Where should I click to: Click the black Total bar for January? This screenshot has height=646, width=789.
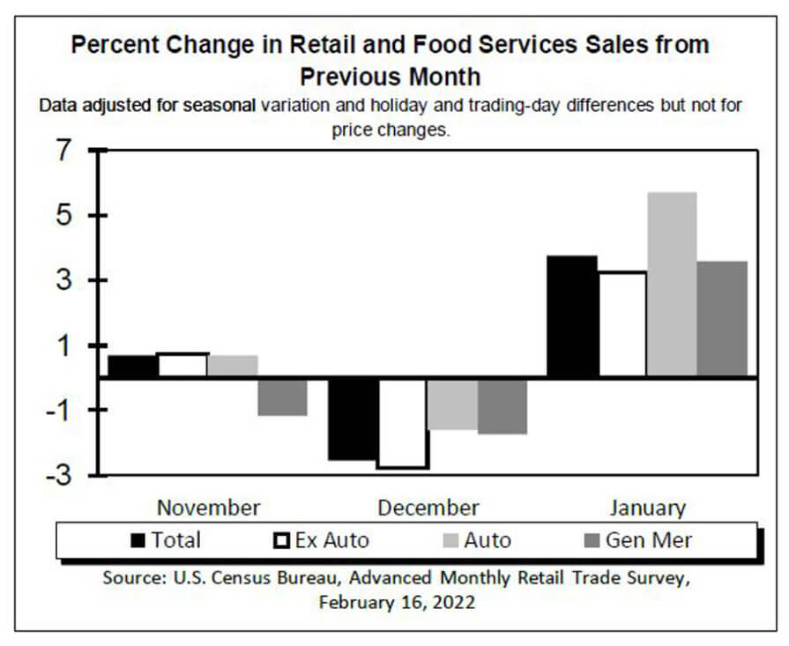click(572, 316)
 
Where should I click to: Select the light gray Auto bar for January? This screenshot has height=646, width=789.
click(672, 285)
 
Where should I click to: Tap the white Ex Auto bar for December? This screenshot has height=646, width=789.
click(404, 422)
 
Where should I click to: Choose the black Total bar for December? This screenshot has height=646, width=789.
click(354, 419)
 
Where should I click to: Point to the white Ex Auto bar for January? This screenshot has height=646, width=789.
click(622, 324)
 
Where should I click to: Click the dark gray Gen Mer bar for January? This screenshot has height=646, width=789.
click(722, 319)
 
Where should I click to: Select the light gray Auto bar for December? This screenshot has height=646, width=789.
click(453, 404)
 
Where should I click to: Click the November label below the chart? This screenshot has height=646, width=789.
click(208, 508)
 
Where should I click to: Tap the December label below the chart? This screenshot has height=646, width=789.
click(428, 508)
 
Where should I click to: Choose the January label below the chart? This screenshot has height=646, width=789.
click(646, 508)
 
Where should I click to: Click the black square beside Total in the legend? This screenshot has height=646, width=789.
click(138, 540)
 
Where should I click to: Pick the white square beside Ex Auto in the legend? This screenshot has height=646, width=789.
click(282, 540)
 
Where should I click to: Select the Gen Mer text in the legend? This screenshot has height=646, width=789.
click(648, 540)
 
